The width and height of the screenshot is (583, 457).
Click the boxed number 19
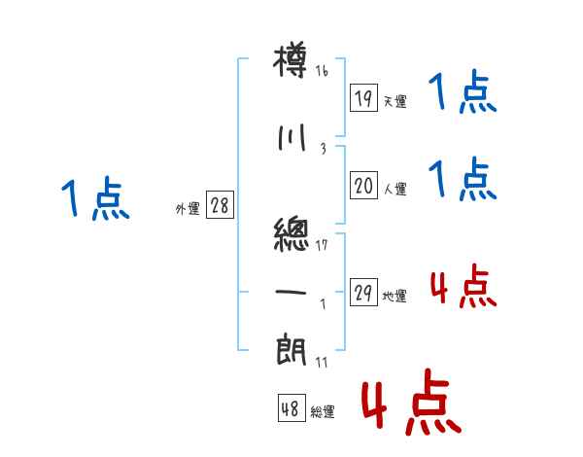coord(363,97)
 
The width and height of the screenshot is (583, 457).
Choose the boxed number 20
coord(363,186)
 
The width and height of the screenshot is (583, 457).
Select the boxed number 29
coord(363,293)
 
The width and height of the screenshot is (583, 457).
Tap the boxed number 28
coord(219,205)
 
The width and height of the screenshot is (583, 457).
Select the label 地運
coord(394,297)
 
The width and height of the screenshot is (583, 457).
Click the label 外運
coord(187,209)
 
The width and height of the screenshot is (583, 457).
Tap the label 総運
coord(322,412)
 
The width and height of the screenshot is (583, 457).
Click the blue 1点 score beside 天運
coord(463,94)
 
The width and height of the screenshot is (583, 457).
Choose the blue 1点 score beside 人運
coord(463,181)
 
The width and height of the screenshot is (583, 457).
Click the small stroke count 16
coord(322,71)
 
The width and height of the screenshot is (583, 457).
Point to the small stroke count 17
coord(322,244)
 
